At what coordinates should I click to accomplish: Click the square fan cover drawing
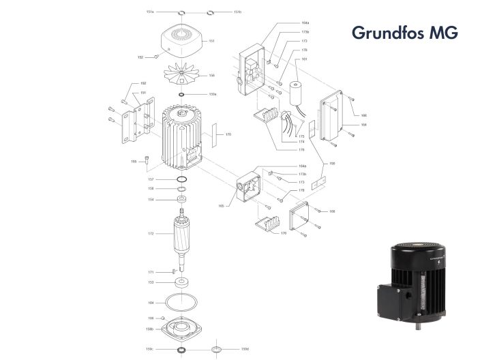[182, 44]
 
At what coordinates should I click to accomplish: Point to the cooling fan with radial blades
[182, 76]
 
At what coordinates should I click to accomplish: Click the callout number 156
[212, 76]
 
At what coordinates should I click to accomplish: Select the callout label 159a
[213, 94]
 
